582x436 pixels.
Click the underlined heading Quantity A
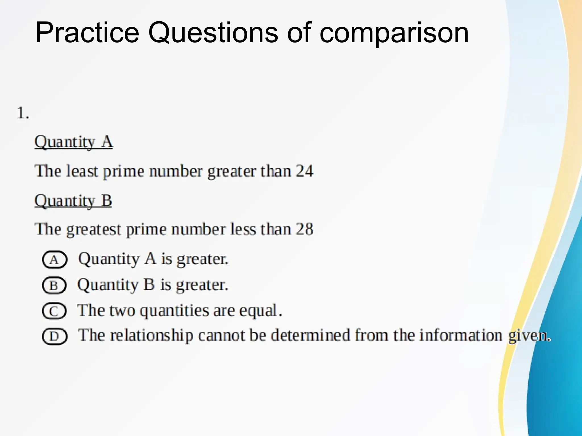click(74, 142)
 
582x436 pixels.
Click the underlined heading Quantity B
click(73, 201)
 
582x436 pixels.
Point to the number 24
click(304, 171)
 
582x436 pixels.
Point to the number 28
click(304, 229)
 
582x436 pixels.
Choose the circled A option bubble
click(54, 259)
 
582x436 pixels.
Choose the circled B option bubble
click(54, 285)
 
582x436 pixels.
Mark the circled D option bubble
click(54, 337)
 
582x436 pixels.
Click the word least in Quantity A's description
click(82, 171)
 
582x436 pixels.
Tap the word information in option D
click(461, 335)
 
